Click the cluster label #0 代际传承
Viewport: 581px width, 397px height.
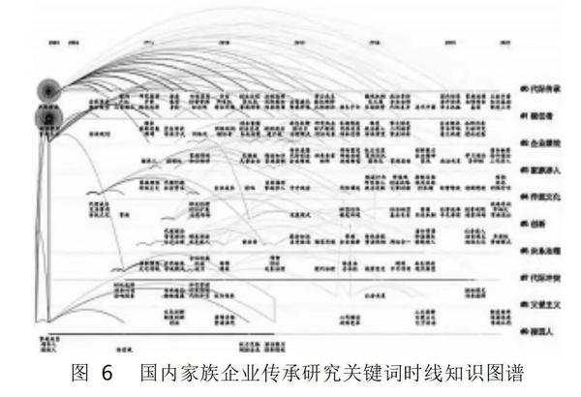coord(545,88)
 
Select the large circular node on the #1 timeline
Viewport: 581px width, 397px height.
coord(46,117)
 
